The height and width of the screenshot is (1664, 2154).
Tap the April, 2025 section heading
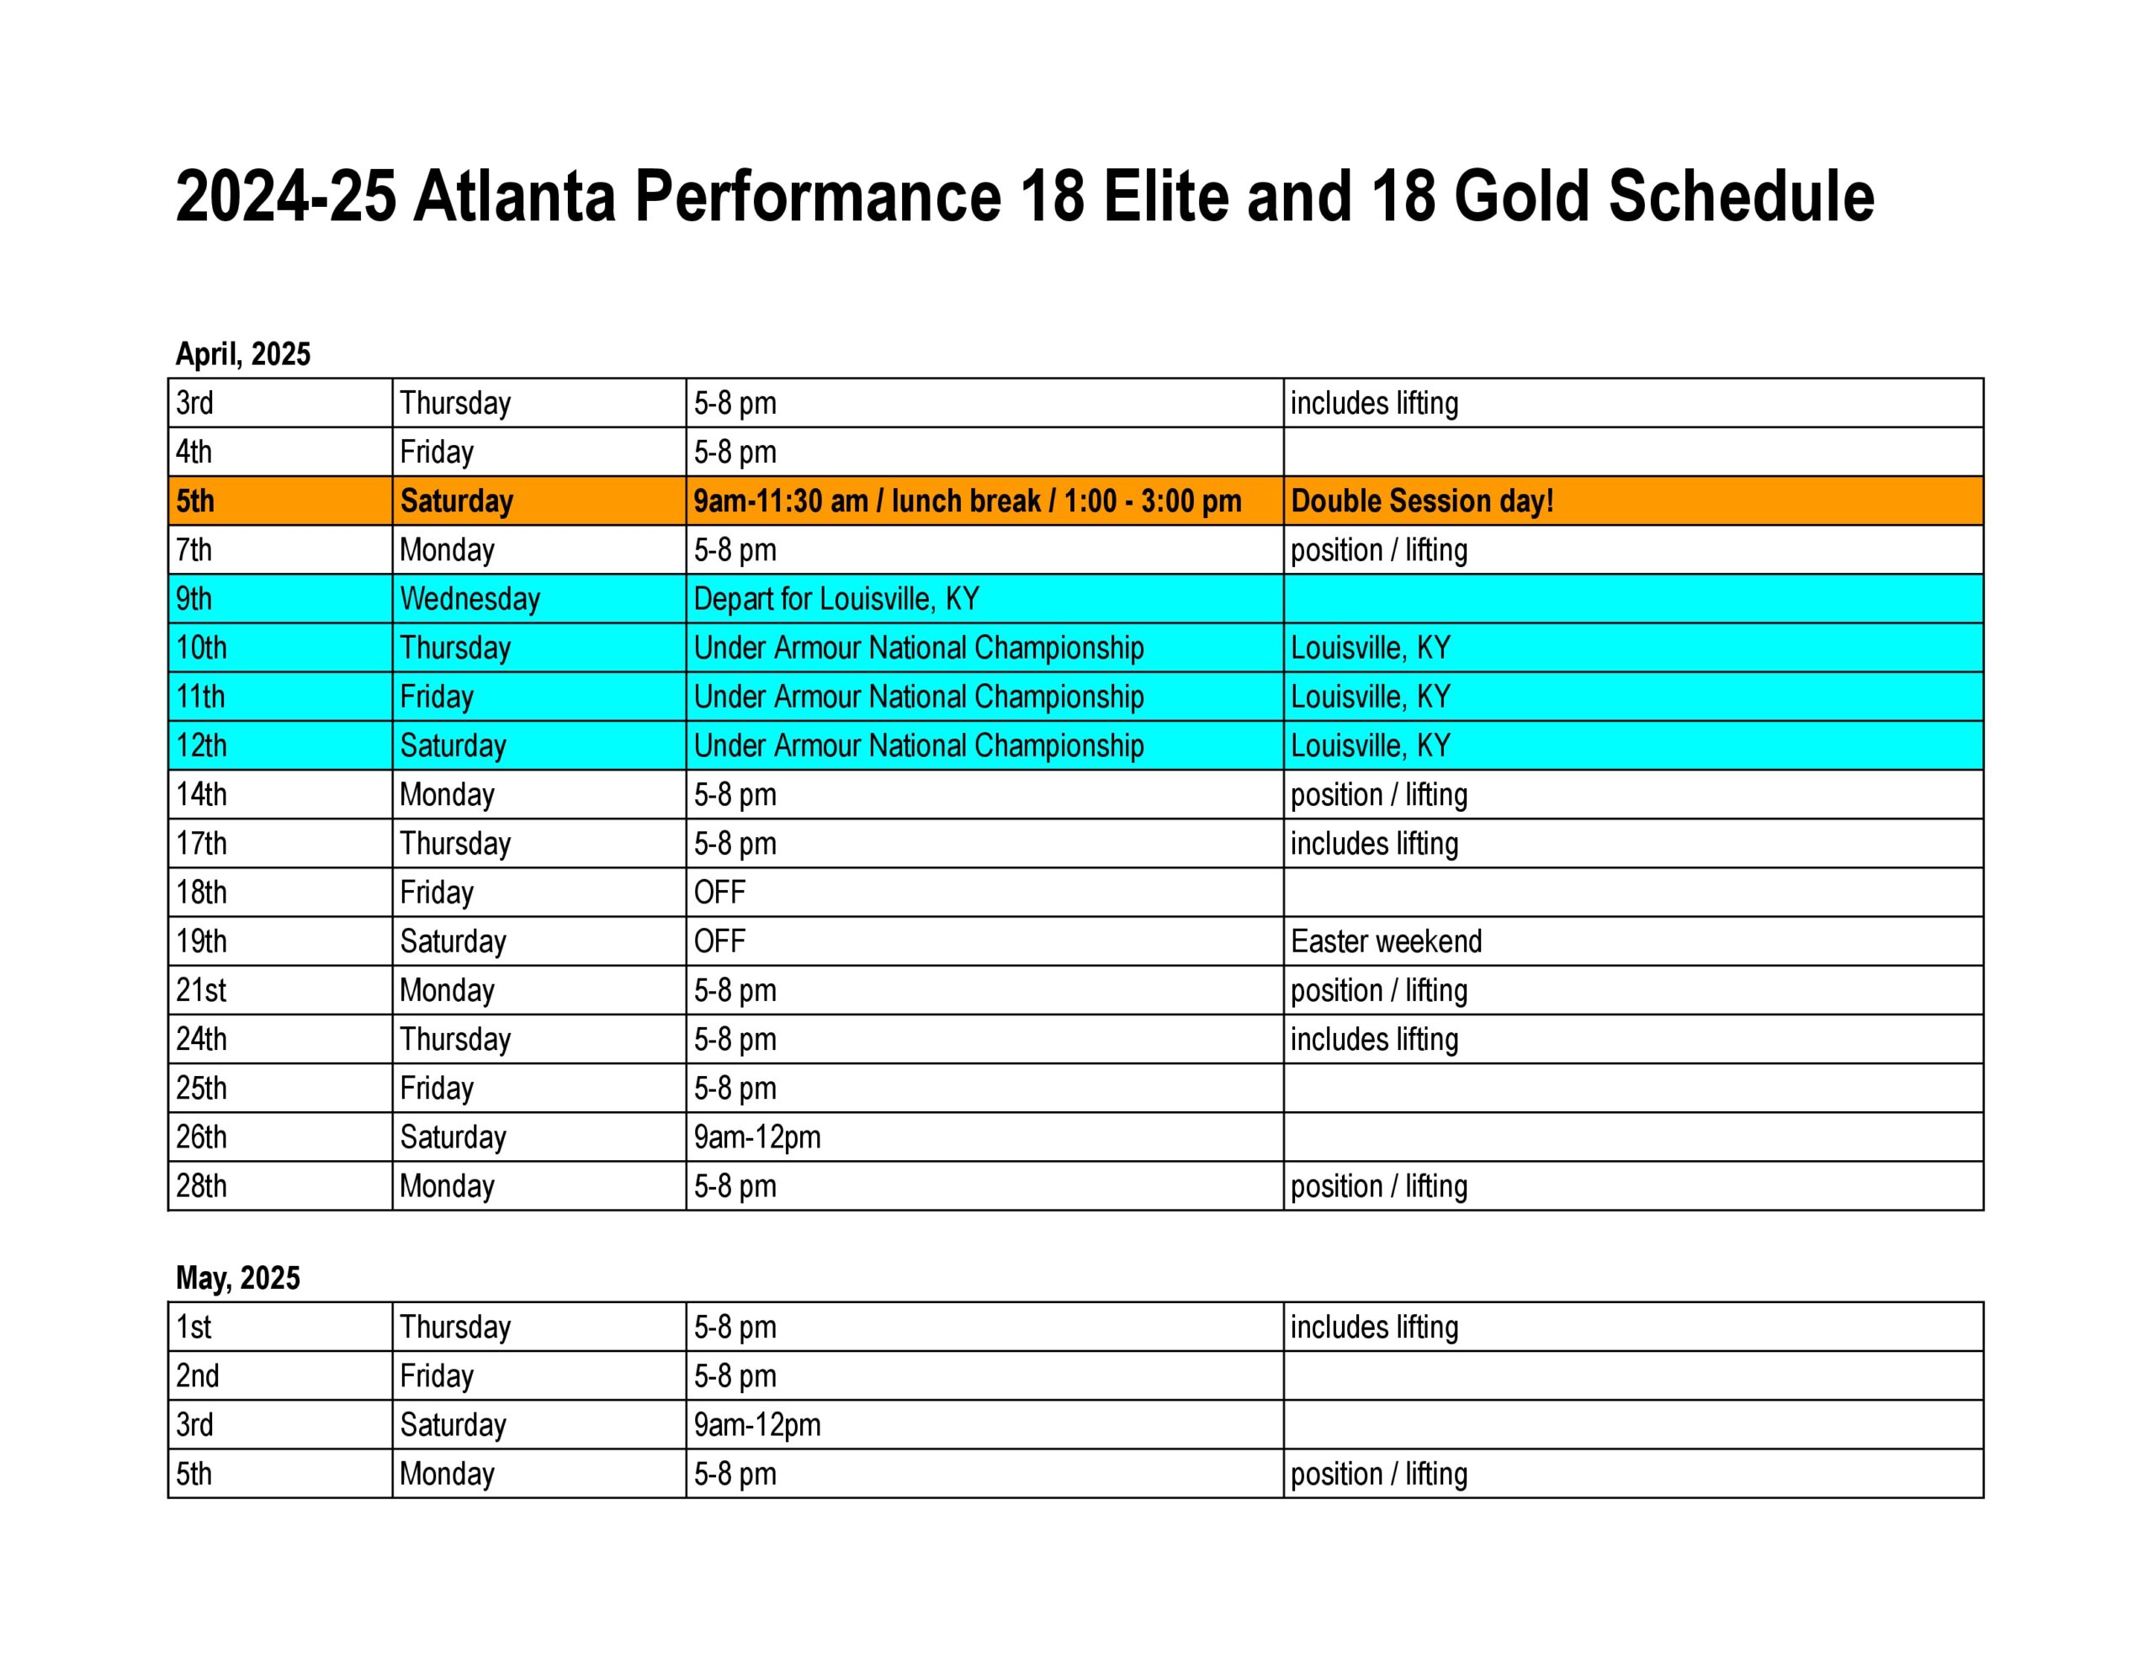(242, 354)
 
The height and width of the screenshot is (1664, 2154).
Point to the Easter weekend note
(1386, 941)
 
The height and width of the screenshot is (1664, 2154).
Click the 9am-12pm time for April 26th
(756, 1137)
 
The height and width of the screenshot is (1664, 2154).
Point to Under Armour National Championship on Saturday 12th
(918, 745)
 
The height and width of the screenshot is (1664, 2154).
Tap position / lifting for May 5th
(1379, 1475)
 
